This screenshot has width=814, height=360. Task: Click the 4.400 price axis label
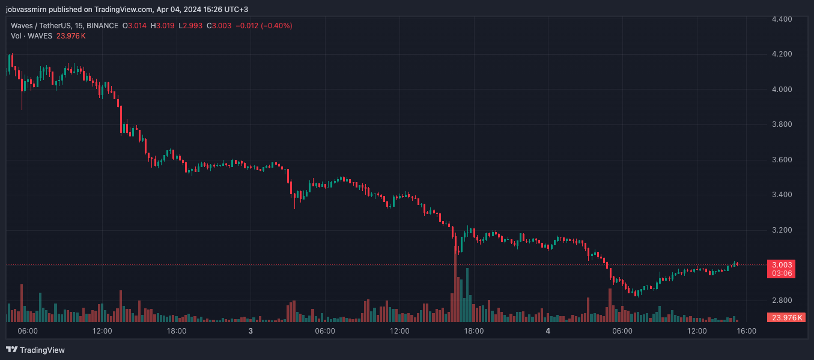pos(782,19)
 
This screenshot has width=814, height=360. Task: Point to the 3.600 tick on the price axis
pos(782,160)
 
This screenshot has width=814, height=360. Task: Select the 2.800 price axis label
pos(782,301)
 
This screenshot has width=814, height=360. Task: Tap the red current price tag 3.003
pos(781,265)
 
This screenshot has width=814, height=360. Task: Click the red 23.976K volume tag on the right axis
pos(785,318)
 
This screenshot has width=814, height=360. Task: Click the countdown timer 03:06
pos(781,273)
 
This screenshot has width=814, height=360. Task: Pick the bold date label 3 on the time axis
pos(251,331)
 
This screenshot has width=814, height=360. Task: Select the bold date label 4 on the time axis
pos(548,331)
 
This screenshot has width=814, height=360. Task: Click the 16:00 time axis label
pos(747,331)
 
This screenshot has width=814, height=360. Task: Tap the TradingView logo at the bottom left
pos(35,350)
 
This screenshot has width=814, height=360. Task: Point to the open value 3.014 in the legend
pos(138,26)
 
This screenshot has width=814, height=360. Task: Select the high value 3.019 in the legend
pos(166,26)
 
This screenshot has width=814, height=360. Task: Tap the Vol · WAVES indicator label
pos(32,36)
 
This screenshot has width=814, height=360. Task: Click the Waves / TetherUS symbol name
pos(46,26)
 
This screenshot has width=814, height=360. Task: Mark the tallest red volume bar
pos(455,282)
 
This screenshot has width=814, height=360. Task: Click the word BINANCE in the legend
pos(102,26)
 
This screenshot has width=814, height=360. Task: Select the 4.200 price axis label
pos(782,54)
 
